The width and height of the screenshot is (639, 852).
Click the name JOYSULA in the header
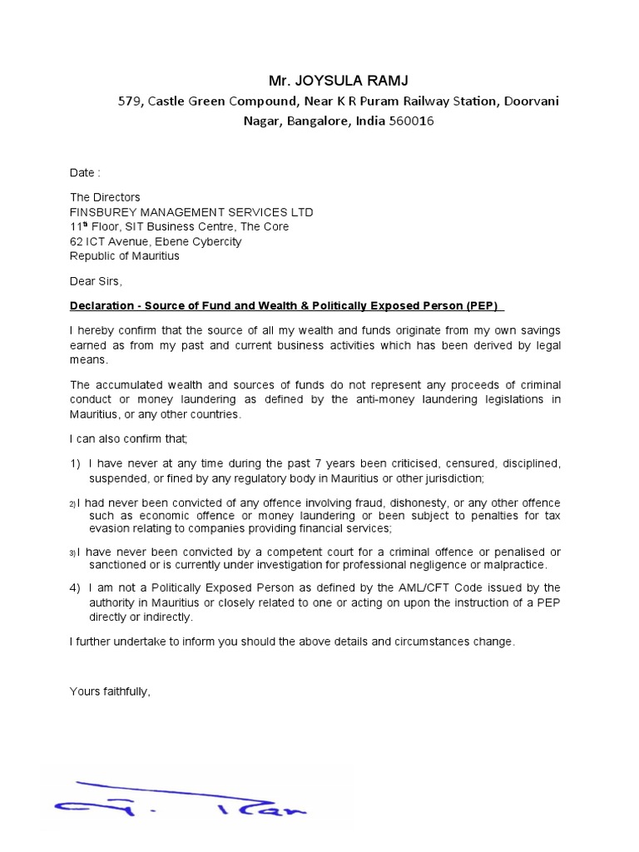329,81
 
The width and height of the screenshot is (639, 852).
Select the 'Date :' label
85,173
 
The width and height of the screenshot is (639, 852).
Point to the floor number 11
76,227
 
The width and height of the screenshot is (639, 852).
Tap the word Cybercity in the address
213,241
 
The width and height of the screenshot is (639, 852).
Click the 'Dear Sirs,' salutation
96,281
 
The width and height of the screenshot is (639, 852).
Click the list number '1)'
75,463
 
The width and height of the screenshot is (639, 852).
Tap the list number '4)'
75,587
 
